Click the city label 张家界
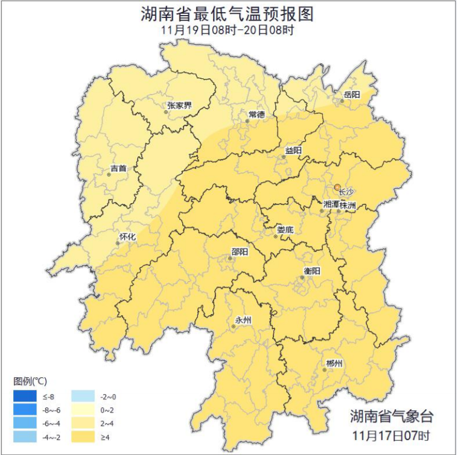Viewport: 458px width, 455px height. click(179, 106)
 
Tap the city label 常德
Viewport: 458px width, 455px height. click(256, 115)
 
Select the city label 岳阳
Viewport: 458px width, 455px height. click(352, 95)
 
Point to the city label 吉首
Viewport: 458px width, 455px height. click(119, 169)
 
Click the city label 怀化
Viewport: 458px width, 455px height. click(128, 237)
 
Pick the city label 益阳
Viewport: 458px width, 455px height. click(293, 150)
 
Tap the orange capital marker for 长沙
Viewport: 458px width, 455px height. click(337, 187)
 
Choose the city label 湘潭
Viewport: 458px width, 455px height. click(331, 205)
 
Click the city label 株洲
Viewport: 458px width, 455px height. click(348, 205)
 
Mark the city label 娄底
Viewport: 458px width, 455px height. click(285, 230)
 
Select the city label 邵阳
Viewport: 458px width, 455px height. click(240, 252)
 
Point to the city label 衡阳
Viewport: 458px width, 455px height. click(313, 271)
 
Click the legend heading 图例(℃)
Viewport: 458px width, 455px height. click(30, 381)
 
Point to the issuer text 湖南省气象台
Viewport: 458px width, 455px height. click(391, 416)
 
